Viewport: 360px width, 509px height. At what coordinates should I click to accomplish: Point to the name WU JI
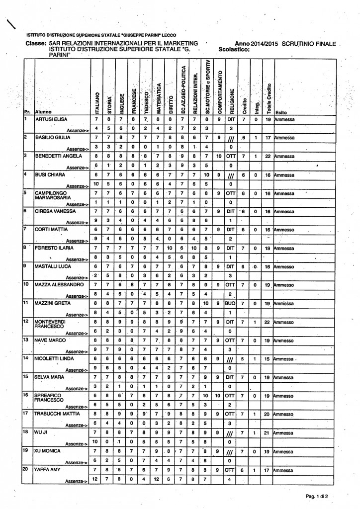tap(41, 433)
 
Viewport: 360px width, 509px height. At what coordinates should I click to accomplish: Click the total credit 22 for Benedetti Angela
tap(268, 156)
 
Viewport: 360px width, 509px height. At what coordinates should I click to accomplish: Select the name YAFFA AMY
tap(46, 469)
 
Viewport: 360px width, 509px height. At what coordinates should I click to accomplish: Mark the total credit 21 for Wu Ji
tap(268, 433)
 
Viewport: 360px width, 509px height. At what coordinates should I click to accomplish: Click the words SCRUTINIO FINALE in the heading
tap(308, 44)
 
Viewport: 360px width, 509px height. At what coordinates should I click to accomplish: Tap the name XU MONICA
tap(47, 451)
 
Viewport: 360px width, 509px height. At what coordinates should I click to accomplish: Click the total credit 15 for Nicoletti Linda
tap(268, 359)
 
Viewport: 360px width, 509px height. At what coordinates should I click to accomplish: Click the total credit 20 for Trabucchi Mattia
tap(268, 414)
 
